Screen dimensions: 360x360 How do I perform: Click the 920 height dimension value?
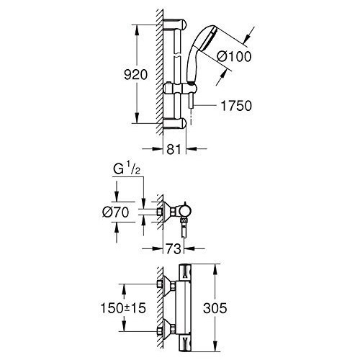pos(135,75)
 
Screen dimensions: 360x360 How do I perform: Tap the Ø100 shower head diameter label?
pos(234,57)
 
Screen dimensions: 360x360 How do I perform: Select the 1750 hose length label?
pos(236,106)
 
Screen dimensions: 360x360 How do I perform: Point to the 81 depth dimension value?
pos(174,149)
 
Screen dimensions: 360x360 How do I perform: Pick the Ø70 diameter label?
pos(116,212)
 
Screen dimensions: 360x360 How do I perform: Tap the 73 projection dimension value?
pos(174,249)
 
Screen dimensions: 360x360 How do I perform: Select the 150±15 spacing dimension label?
pos(123,308)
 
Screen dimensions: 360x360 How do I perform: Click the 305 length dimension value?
pos(215,308)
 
